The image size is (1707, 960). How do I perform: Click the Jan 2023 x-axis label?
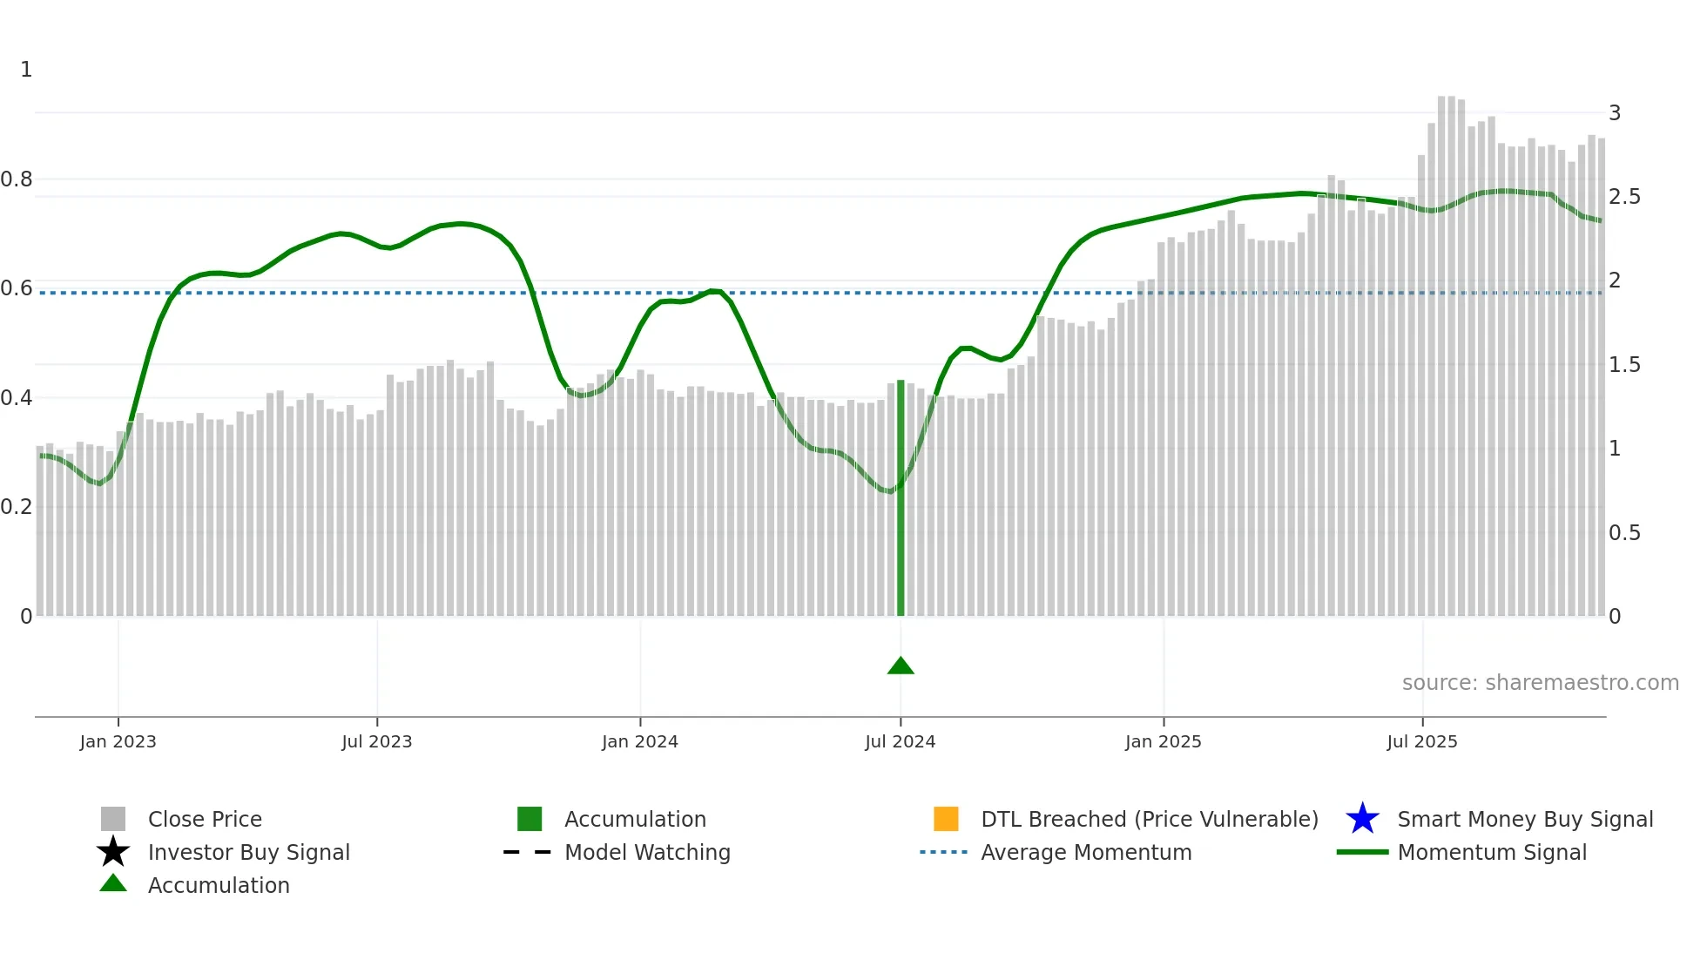[118, 741]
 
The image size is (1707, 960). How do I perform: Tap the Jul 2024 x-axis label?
[900, 741]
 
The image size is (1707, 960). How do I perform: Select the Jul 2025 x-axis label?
[1421, 741]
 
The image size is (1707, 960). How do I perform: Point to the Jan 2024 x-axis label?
[639, 741]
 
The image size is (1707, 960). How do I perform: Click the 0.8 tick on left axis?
[17, 179]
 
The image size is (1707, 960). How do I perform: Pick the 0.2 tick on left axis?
[17, 507]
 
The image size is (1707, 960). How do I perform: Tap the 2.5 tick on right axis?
[1624, 197]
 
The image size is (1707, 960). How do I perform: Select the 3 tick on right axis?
[1615, 113]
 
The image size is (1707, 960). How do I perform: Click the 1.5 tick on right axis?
[1624, 365]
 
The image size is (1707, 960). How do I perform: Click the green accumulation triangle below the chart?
[901, 666]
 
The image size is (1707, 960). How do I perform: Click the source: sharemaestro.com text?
[1540, 683]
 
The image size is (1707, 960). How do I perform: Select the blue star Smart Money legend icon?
[1362, 819]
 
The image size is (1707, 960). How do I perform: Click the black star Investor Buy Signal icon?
[113, 852]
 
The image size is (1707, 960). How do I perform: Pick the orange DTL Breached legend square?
[946, 819]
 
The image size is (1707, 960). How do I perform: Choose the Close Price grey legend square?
[113, 819]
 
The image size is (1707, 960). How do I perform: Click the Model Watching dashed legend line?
[528, 852]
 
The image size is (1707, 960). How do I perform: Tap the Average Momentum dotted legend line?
[944, 852]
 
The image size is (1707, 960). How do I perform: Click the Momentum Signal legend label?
[1491, 852]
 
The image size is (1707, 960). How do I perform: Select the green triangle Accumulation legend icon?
[113, 884]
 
